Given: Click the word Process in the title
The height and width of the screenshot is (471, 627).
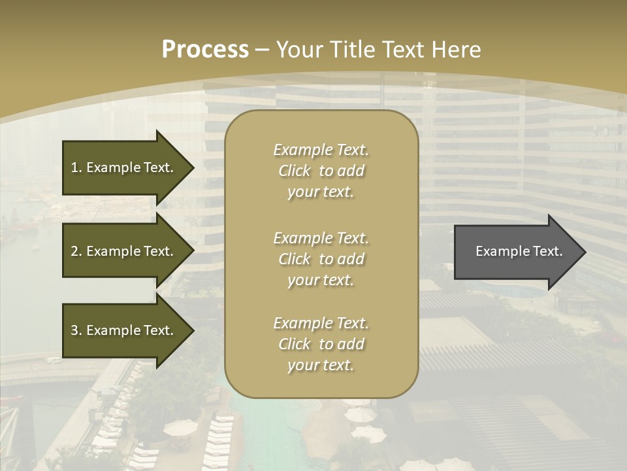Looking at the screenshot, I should [205, 50].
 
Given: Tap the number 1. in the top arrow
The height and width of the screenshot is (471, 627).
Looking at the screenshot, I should [76, 167].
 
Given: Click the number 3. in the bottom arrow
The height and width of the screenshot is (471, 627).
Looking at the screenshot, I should [76, 330].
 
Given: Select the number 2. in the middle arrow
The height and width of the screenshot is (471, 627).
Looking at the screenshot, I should [76, 251].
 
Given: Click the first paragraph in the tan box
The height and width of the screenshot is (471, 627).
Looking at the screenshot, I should [321, 171].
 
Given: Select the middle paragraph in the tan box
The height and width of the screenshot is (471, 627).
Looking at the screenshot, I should [321, 259].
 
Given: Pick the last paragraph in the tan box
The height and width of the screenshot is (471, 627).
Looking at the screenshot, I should [321, 344].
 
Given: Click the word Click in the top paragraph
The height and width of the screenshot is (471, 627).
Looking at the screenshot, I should [294, 171].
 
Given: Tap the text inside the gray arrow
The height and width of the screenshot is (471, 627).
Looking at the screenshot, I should [519, 251].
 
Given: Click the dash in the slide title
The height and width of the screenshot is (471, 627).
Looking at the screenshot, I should [262, 50].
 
